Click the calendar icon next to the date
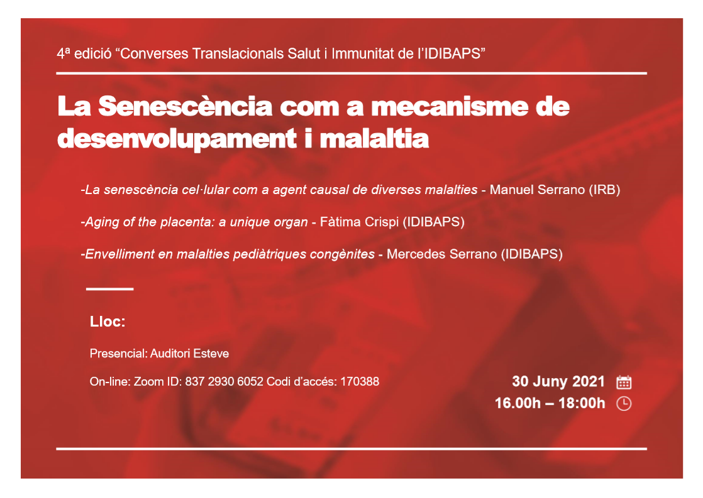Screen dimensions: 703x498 coord(624,382)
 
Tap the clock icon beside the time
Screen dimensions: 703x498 coord(624,404)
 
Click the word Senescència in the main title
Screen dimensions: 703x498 coord(185,107)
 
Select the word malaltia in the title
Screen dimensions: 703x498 coord(374,138)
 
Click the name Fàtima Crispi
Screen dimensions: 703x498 coord(359,222)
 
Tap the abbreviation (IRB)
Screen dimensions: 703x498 coord(602,190)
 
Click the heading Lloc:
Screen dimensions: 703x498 coord(108,322)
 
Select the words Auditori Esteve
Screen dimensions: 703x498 coord(189,354)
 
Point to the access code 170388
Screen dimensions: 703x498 coord(360,382)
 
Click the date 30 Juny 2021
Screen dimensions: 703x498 coord(558,381)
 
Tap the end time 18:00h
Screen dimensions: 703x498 coord(582,403)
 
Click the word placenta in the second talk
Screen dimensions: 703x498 coord(186,222)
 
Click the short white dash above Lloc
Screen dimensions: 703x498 coord(110,289)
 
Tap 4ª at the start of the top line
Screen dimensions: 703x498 coord(64,54)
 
